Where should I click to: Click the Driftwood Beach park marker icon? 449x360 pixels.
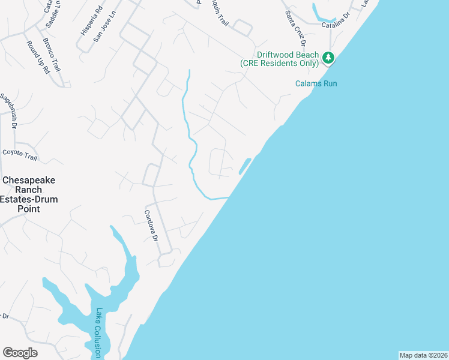coord(328,58)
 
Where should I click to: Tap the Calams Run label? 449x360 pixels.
coord(316,83)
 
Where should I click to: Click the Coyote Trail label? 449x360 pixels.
coord(20,155)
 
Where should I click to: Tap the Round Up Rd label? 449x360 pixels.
coord(38,57)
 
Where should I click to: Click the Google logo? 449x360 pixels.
coord(20,352)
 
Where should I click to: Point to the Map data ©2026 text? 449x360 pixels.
coord(423,355)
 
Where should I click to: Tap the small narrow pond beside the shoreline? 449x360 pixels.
coord(244,166)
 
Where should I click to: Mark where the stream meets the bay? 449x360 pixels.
coord(229,197)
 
